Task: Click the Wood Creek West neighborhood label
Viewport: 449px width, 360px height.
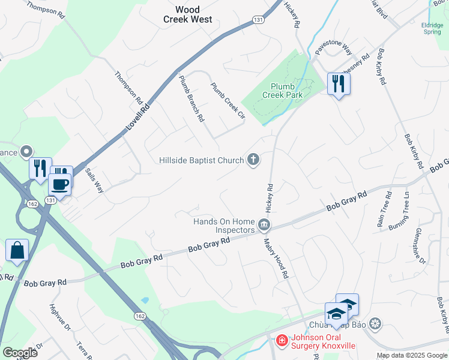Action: pos(187,14)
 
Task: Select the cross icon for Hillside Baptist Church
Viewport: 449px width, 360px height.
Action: pos(254,160)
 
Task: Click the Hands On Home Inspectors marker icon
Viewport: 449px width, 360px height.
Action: pos(265,225)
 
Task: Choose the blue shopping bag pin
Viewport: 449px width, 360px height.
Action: pos(17,250)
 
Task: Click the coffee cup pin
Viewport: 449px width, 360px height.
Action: pos(60,182)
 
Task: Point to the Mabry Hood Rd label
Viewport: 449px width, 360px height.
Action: pos(277,258)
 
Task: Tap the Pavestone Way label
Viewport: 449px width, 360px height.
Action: pos(334,47)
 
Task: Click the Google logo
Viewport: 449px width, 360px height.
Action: pos(20,353)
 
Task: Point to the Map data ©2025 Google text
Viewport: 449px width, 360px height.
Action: pos(412,355)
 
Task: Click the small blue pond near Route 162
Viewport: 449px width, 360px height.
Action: pos(144,301)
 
